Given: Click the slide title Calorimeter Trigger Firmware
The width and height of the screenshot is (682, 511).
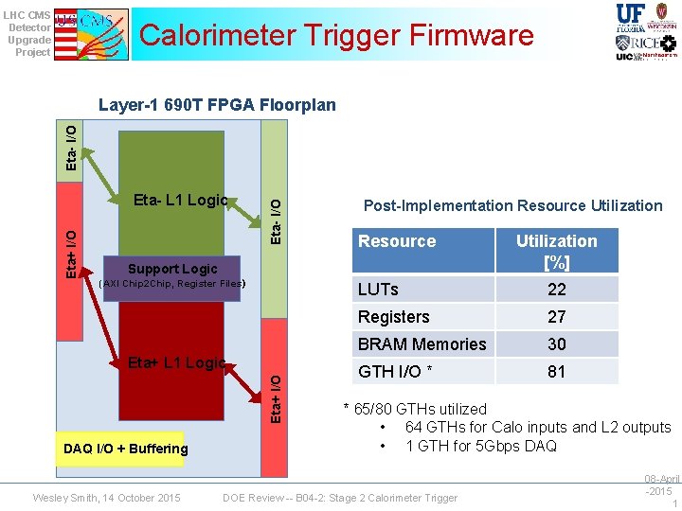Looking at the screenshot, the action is click(336, 36).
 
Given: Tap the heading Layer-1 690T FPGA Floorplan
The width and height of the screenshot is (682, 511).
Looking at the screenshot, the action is click(217, 105).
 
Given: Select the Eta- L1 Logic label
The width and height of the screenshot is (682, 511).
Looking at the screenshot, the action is click(180, 200).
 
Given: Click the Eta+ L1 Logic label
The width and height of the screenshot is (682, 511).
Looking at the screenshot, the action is click(176, 361).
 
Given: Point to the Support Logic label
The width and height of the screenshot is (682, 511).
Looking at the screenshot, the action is click(172, 269).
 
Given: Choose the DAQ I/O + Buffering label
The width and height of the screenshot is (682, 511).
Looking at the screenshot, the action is click(125, 449).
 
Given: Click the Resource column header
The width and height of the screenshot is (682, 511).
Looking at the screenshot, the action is click(397, 241).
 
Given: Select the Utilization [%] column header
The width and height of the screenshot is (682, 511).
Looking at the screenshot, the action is click(556, 251).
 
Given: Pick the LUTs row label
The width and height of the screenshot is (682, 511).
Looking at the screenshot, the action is click(378, 290).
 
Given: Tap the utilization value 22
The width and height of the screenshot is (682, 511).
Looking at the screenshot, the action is click(556, 290).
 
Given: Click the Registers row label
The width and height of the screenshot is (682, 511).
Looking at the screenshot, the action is click(394, 317).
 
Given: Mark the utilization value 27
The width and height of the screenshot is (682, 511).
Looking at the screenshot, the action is click(556, 317).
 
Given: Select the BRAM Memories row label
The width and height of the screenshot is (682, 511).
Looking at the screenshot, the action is click(422, 344).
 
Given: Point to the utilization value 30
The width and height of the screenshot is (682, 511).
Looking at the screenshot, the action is click(556, 344).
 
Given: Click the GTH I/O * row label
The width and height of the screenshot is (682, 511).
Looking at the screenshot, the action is click(397, 372).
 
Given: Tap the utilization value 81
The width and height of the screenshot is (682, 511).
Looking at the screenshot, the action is click(556, 372).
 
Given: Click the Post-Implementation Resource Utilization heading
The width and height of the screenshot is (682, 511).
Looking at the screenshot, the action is click(512, 205).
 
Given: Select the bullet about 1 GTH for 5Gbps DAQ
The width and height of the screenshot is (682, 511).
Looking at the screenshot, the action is click(480, 446).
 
